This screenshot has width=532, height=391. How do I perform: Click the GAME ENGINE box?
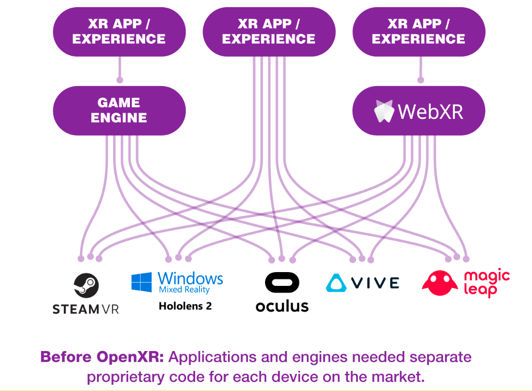[119, 110]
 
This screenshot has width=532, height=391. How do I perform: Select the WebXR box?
[418, 110]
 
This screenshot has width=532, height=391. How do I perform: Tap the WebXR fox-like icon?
[384, 111]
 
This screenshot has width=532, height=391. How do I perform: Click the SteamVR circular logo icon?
[86, 285]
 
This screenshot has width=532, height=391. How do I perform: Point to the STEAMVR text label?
[86, 310]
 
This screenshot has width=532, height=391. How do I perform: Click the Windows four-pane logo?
[142, 282]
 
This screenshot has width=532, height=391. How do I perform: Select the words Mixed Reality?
[184, 290]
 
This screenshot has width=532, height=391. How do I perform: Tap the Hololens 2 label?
[185, 306]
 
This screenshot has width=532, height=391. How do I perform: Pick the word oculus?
[282, 306]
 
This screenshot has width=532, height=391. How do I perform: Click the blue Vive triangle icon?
[336, 283]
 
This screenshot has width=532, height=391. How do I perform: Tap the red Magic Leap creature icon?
[440, 283]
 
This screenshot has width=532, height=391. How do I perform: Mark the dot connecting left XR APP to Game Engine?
[120, 80]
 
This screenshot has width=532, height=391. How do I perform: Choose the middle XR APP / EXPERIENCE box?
[269, 31]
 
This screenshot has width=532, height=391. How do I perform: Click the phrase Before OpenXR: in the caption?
[102, 357]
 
